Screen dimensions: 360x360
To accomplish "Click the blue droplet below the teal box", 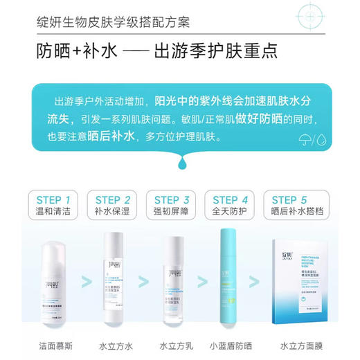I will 181,161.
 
